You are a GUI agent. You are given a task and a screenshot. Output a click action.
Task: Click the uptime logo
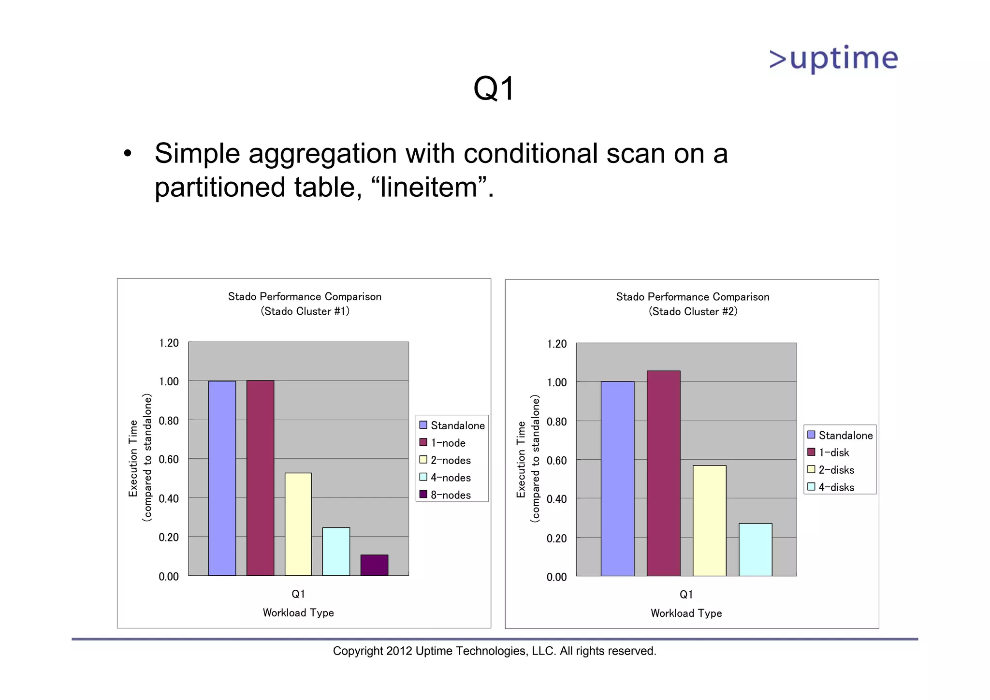833,59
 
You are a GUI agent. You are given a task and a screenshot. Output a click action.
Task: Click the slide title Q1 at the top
494,88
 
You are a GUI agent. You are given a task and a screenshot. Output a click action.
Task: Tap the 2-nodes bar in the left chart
298,524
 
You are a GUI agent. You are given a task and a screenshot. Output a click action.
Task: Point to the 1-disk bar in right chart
663,473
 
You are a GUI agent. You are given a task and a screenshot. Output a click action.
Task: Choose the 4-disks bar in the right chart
755,550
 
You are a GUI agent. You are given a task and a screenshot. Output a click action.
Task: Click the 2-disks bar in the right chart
709,521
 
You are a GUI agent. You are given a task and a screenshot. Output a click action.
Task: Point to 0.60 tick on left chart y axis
169,459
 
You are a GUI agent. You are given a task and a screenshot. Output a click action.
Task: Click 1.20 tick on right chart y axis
556,344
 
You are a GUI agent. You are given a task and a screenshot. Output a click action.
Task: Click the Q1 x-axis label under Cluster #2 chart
686,595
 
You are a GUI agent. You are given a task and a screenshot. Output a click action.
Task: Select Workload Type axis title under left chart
298,613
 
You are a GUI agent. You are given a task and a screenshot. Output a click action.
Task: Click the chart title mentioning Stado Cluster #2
692,304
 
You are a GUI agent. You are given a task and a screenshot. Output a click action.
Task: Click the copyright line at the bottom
494,651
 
